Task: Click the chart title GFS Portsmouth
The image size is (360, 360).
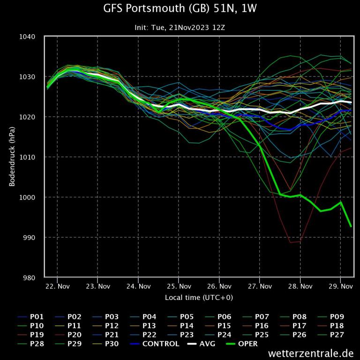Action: coord(180,8)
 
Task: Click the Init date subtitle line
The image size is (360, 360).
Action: coord(180,28)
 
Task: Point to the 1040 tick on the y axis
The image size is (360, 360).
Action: coord(29,37)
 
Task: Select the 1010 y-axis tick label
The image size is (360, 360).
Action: coord(29,157)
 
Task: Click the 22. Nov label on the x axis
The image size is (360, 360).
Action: coord(57,286)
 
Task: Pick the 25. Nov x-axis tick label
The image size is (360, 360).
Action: coord(179,286)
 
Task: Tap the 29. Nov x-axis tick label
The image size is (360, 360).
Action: coord(340,286)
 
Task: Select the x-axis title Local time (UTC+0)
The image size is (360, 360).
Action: coord(199,298)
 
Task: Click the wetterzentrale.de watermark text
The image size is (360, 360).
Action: coord(311,352)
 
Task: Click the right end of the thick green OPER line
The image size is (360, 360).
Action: coord(351,226)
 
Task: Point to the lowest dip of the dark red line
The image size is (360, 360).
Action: coord(291,242)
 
